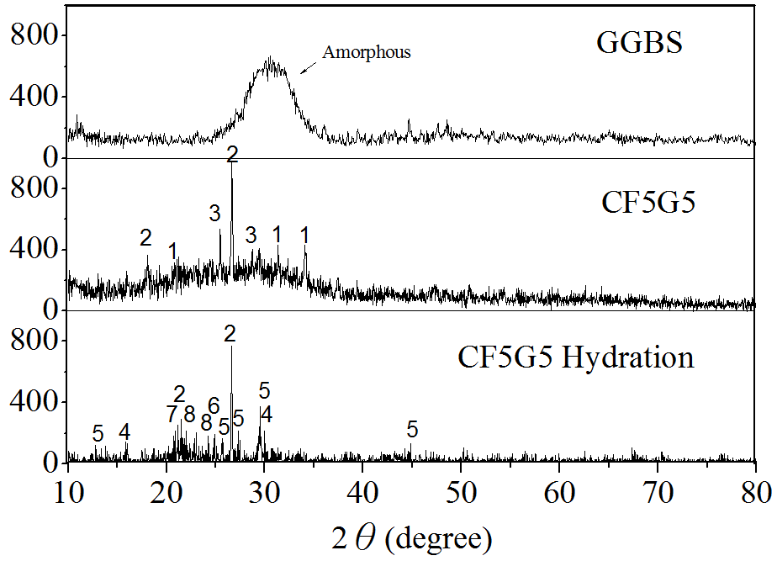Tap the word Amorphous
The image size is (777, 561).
367,52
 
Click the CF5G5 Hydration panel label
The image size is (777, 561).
576,357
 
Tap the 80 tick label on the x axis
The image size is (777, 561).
756,490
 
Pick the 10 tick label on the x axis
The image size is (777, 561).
67,490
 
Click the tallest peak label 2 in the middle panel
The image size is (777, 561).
233,155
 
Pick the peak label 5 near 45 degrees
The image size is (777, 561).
412,430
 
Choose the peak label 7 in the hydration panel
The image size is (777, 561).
172,414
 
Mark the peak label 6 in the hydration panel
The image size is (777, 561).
214,405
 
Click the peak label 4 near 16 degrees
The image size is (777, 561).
124,432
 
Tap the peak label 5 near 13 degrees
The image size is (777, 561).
98,434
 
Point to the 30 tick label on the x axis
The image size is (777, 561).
264,490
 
